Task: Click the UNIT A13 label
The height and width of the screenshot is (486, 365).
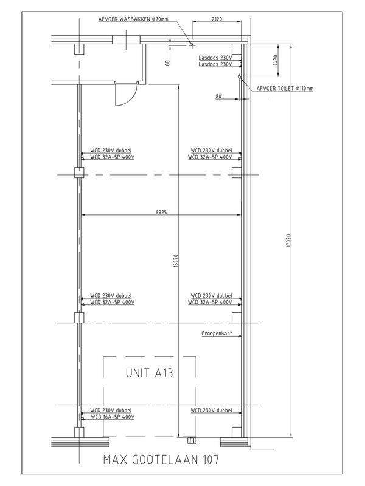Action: pyautogui.click(x=149, y=373)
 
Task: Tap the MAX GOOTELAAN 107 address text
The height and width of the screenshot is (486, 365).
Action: pyautogui.click(x=161, y=459)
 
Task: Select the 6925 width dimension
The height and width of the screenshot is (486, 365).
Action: pyautogui.click(x=161, y=212)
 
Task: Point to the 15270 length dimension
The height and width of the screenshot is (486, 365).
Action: pyautogui.click(x=176, y=261)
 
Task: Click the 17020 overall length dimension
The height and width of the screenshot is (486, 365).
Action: pyautogui.click(x=288, y=241)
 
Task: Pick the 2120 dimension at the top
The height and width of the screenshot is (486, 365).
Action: pyautogui.click(x=217, y=19)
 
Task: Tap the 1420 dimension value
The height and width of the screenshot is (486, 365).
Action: pyautogui.click(x=276, y=60)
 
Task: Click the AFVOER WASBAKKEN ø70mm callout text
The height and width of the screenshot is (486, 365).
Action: pyautogui.click(x=133, y=19)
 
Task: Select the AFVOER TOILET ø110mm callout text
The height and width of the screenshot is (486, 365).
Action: pyautogui.click(x=285, y=89)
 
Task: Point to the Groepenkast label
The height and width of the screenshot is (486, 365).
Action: pyautogui.click(x=217, y=334)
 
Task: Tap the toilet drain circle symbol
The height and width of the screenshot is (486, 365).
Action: pyautogui.click(x=239, y=77)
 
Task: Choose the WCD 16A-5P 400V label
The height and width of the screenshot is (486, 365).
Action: pyautogui.click(x=113, y=417)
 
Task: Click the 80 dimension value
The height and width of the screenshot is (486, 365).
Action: pyautogui.click(x=218, y=97)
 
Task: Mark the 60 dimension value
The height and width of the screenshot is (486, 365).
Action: pyautogui.click(x=168, y=63)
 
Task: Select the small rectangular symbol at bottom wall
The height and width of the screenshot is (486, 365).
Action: pyautogui.click(x=191, y=440)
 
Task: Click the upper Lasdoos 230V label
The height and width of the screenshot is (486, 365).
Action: pyautogui.click(x=215, y=58)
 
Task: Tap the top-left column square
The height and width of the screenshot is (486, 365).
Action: pyautogui.click(x=79, y=49)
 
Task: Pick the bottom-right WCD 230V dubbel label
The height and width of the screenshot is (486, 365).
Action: pyautogui.click(x=211, y=411)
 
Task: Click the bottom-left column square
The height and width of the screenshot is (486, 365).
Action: pyautogui.click(x=79, y=432)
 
